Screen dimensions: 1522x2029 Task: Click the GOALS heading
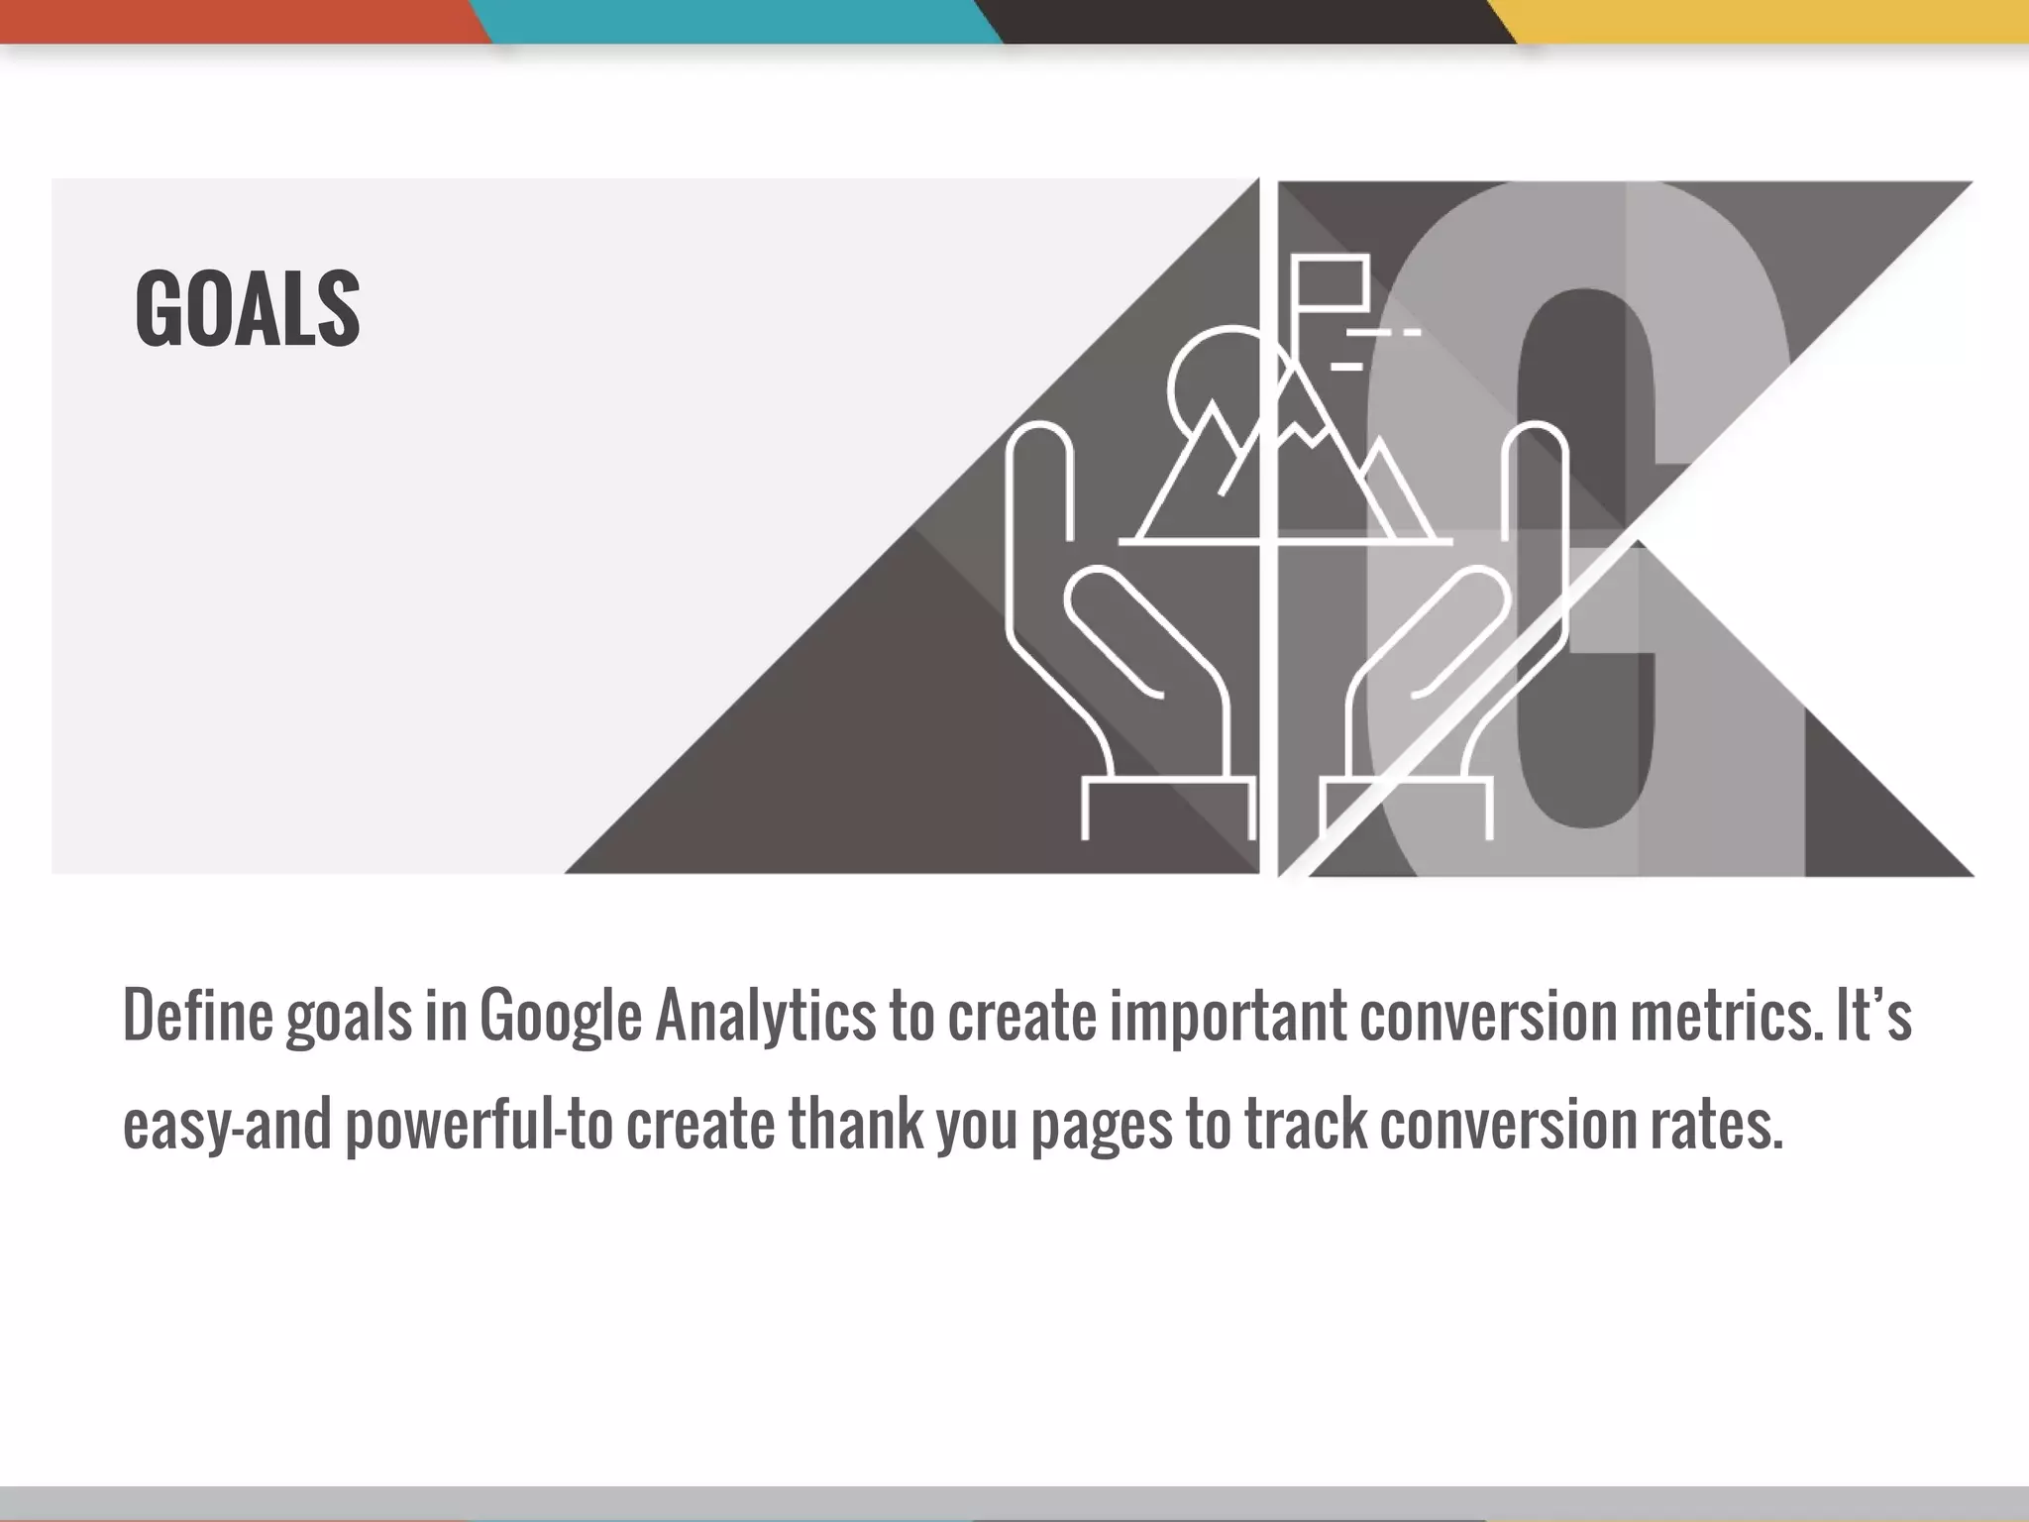247,309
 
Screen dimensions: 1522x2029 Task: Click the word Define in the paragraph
197,1016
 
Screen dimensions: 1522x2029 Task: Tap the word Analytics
766,1016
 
